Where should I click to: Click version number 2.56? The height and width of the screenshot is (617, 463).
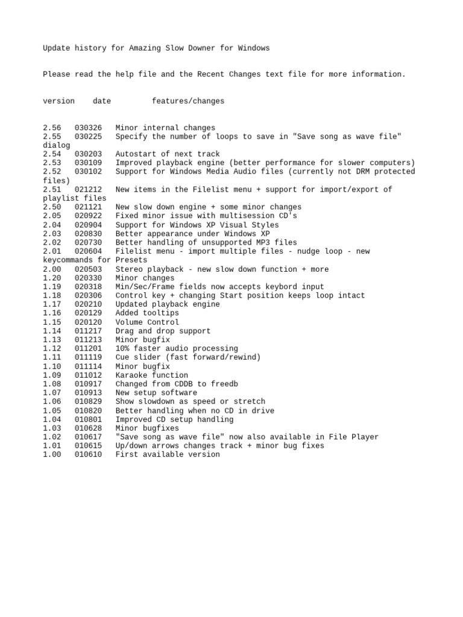click(x=52, y=128)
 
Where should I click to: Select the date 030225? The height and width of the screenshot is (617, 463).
click(x=88, y=137)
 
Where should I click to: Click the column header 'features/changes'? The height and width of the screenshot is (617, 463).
click(x=188, y=101)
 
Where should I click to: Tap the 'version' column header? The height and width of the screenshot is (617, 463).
click(x=58, y=101)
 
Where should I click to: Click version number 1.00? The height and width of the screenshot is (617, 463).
click(x=52, y=454)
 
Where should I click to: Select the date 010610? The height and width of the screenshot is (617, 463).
click(x=88, y=454)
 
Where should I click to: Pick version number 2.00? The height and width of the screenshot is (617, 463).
click(x=52, y=269)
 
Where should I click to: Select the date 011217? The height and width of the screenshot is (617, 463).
click(x=88, y=331)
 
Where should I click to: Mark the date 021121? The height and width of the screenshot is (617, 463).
click(x=88, y=207)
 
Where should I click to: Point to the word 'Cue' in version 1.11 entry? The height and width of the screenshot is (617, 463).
click(x=122, y=357)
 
